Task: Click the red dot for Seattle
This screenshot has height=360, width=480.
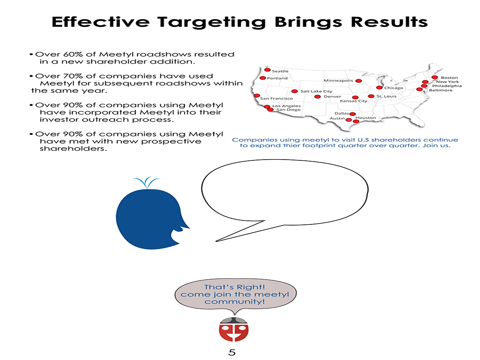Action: (267, 70)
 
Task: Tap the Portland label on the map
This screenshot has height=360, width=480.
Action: (277, 78)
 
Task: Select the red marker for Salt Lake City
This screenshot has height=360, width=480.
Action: (294, 91)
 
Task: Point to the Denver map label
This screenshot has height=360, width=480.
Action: (332, 96)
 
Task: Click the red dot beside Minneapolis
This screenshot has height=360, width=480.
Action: (358, 81)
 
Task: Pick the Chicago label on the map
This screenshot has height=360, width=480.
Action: (394, 88)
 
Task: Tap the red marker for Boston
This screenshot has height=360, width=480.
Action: (434, 77)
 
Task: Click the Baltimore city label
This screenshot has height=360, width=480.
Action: (440, 90)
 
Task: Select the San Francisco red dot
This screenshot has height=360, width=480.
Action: (257, 96)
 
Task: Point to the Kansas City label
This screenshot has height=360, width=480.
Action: (353, 101)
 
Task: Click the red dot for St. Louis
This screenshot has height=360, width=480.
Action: (371, 96)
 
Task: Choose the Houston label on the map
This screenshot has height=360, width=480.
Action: (366, 118)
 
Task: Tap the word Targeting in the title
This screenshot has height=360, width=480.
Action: (212, 22)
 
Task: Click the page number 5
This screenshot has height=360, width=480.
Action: (232, 352)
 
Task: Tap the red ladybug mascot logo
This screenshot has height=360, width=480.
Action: (234, 329)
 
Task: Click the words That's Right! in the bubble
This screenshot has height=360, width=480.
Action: (234, 287)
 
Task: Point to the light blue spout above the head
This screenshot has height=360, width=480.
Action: (146, 182)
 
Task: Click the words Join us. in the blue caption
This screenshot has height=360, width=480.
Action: (436, 146)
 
